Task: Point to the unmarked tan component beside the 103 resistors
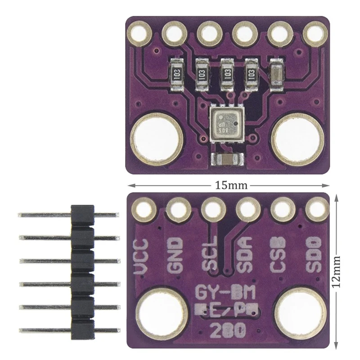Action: coord(275,74)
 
